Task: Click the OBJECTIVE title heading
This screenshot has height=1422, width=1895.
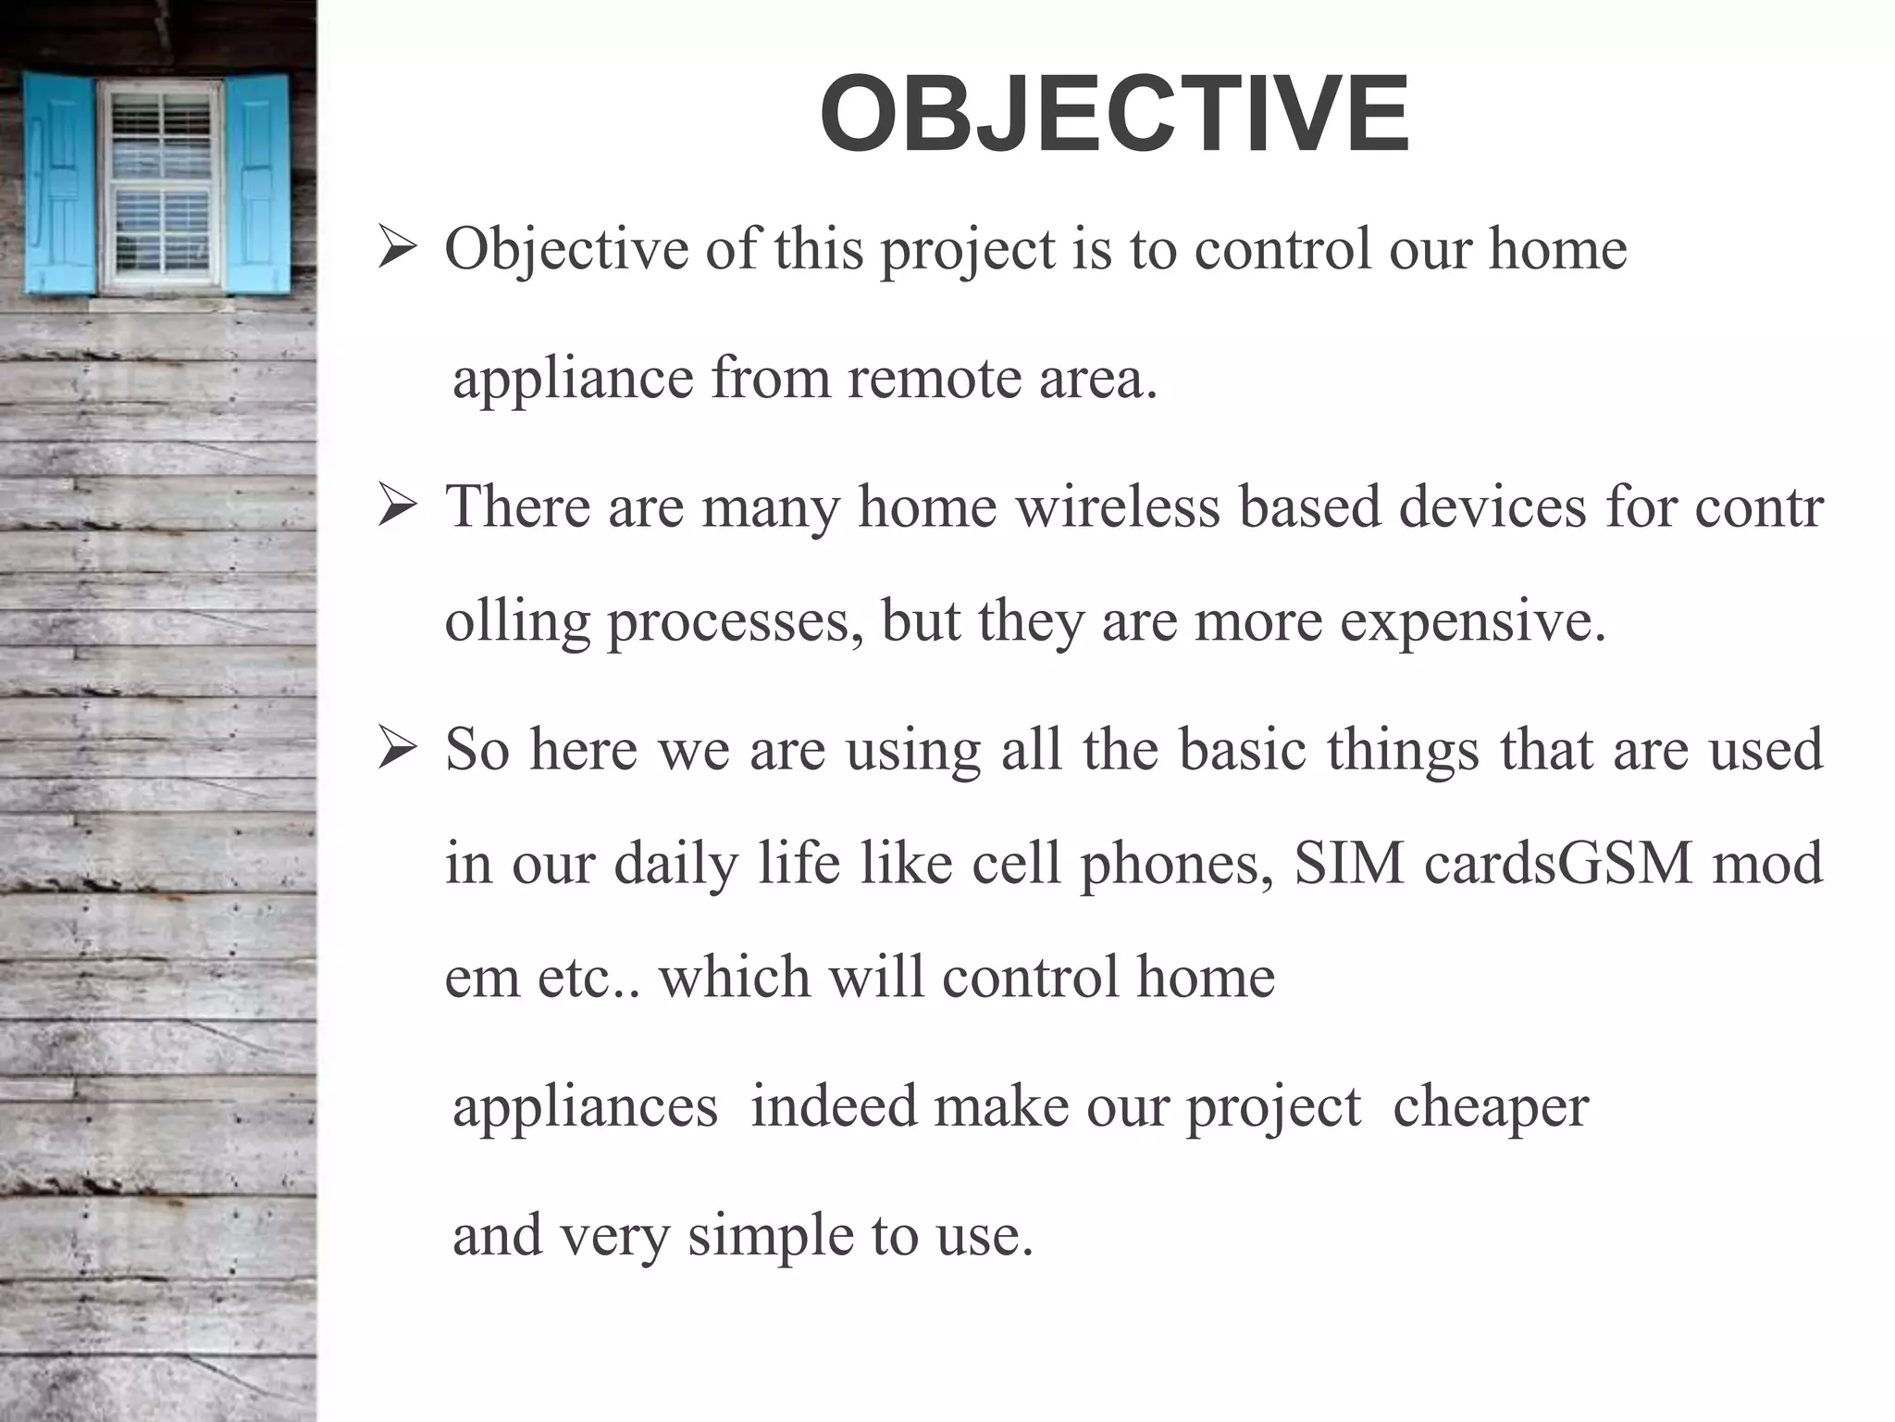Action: (x=1114, y=116)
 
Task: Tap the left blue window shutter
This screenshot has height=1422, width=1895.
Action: (x=59, y=182)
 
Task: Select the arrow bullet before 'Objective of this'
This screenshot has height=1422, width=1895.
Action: (x=399, y=250)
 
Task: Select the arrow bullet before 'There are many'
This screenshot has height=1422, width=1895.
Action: (x=399, y=508)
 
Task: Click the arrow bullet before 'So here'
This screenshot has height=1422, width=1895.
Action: (x=399, y=750)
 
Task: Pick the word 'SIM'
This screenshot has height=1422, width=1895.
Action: (x=1349, y=863)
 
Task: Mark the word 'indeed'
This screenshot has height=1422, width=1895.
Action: (x=833, y=1106)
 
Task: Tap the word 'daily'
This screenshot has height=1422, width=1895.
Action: (x=675, y=863)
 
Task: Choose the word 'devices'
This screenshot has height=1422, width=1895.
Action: (x=1492, y=507)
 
